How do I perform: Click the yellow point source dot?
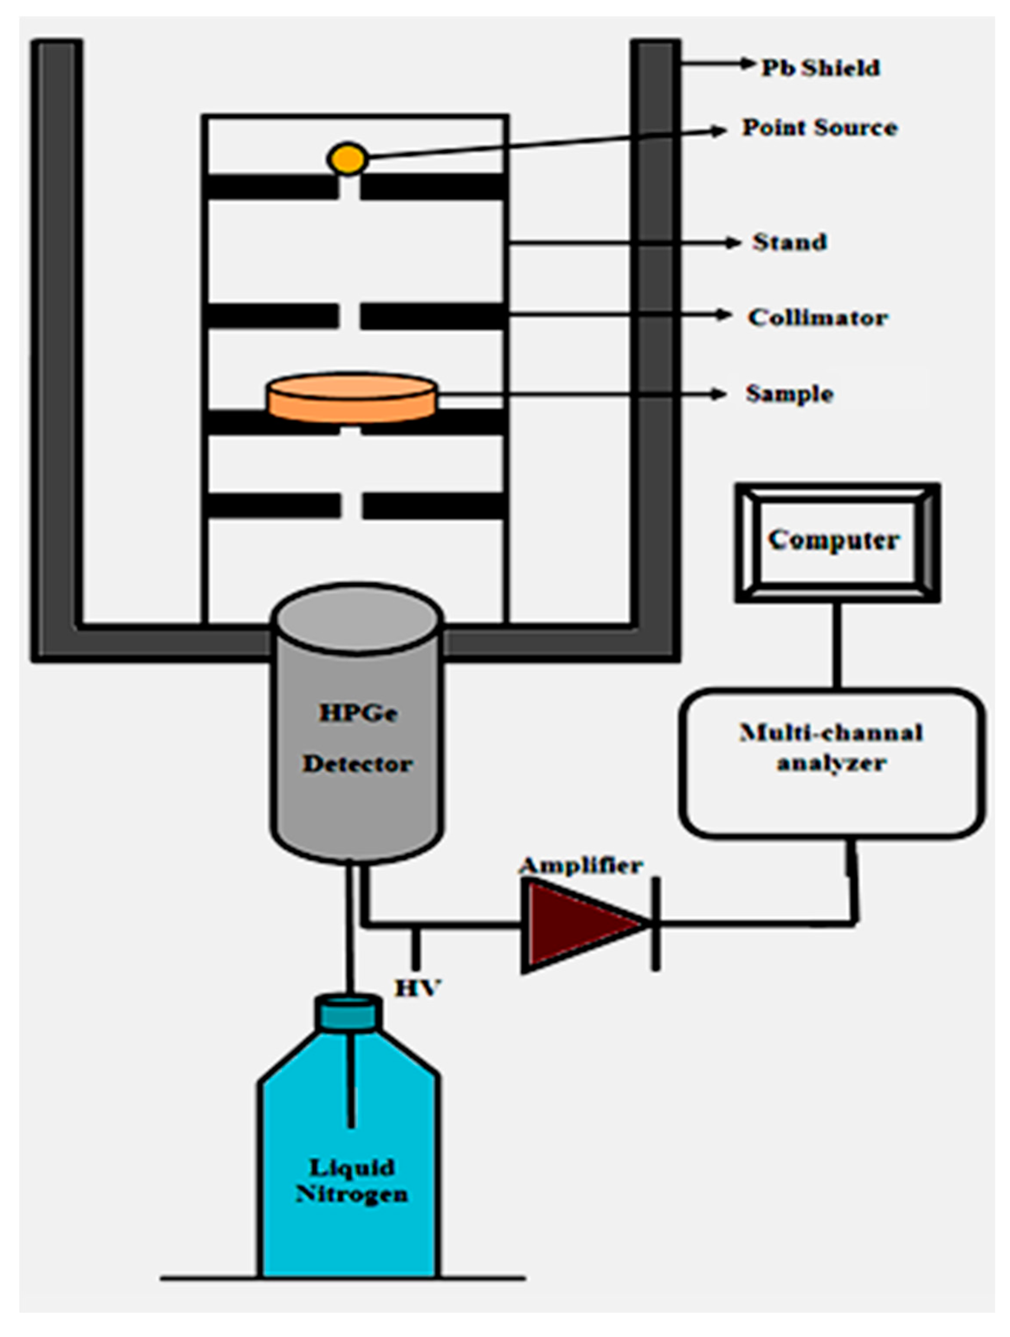(x=347, y=159)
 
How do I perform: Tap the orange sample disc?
(x=352, y=397)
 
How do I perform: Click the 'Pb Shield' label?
(x=820, y=68)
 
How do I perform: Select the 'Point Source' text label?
(x=819, y=127)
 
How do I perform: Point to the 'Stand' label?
(x=789, y=242)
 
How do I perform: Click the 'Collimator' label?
(x=817, y=317)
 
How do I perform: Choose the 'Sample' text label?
(x=789, y=394)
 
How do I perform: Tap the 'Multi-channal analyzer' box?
(x=831, y=763)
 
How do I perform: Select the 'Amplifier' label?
(x=581, y=866)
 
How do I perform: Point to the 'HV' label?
(x=417, y=988)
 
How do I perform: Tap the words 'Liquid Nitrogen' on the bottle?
(x=352, y=1181)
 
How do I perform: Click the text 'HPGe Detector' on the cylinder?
(x=357, y=738)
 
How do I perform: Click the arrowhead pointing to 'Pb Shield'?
(x=748, y=63)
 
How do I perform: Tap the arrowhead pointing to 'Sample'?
(x=718, y=394)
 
